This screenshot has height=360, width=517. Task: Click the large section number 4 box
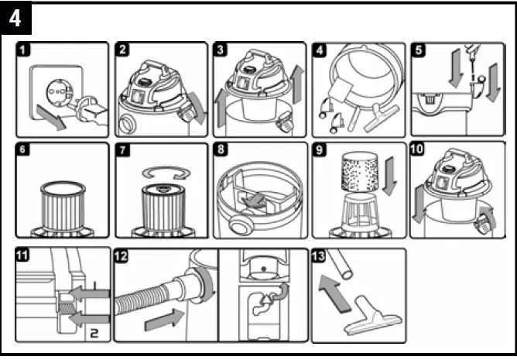click(16, 19)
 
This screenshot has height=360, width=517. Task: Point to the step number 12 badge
click(122, 257)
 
